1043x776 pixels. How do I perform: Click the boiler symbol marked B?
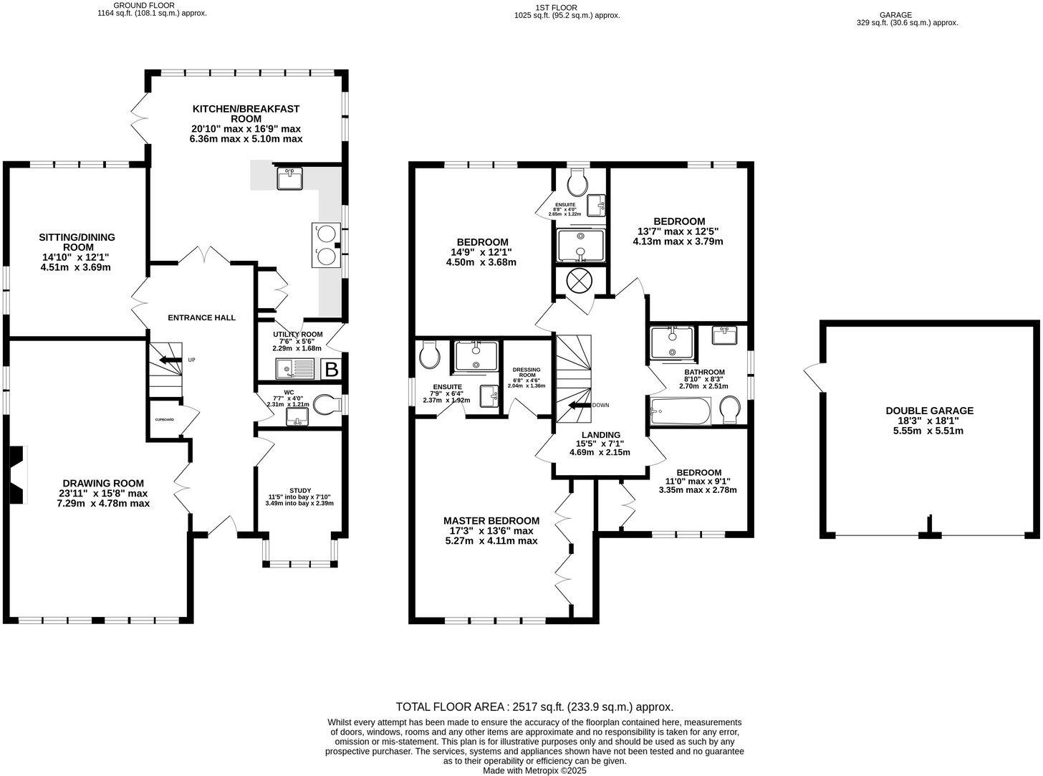332,370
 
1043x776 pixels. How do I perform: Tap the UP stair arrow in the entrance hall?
170,360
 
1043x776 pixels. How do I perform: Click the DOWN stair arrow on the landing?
580,405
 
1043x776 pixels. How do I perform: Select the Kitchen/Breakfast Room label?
246,113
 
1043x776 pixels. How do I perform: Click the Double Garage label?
929,411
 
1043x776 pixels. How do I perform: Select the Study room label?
299,490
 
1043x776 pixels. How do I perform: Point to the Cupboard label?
165,419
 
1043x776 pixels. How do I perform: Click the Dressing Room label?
527,372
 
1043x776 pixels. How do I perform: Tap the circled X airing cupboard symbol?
578,282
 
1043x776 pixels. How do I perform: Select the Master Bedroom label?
491,520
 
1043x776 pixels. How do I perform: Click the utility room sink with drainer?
295,368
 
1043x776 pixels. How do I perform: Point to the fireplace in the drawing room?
18,474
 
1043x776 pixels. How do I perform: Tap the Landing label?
600,435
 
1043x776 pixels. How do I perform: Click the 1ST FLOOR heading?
556,8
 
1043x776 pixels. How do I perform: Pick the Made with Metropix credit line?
534,771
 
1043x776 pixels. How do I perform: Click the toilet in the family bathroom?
730,409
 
